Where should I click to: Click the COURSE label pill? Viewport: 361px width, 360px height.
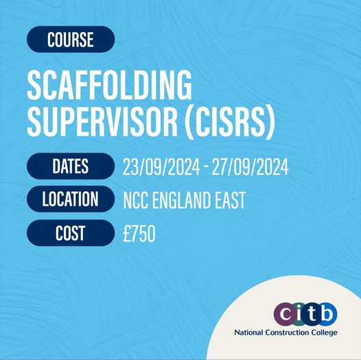tap(71, 39)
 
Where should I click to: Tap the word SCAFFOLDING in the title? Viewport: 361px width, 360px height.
tap(110, 84)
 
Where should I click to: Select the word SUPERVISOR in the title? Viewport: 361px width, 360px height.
tap(102, 121)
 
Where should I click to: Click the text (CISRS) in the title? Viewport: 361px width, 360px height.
tap(230, 122)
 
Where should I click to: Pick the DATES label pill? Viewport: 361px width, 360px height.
tap(71, 166)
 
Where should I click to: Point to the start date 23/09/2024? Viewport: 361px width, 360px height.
tap(161, 167)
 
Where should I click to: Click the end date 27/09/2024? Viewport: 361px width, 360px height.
tap(250, 167)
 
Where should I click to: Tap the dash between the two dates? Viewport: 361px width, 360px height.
tap(206, 168)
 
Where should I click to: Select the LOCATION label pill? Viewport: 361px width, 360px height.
tap(71, 199)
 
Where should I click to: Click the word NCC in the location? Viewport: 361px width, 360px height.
tap(135, 200)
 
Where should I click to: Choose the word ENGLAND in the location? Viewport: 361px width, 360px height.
tap(182, 200)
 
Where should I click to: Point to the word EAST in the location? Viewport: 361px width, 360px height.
tap(231, 200)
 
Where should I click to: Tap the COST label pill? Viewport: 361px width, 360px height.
tap(71, 232)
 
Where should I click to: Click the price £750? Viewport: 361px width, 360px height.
tap(139, 233)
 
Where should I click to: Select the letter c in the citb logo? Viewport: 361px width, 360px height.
tap(286, 314)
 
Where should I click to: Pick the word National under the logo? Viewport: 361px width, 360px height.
tap(248, 333)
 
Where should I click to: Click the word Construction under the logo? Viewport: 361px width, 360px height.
tap(287, 333)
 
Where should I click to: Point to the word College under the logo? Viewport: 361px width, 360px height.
tap(324, 333)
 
